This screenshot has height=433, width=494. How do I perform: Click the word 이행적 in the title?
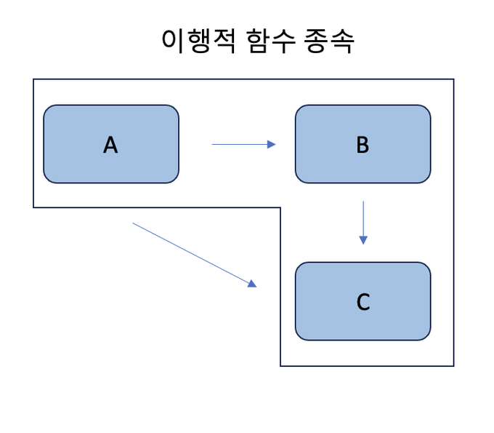tap(197, 41)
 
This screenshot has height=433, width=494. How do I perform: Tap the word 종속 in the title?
tap(329, 41)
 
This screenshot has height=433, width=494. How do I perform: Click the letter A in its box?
tap(110, 145)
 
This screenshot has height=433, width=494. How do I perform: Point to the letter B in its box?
tap(363, 145)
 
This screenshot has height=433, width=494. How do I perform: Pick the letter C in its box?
tap(363, 301)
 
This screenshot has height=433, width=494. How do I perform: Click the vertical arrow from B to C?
tap(363, 222)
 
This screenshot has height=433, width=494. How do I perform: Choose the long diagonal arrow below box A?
tap(194, 255)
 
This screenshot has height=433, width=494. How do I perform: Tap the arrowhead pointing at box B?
tap(272, 144)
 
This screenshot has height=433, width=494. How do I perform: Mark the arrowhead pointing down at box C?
tap(363, 241)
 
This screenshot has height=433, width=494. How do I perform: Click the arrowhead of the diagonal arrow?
tap(253, 284)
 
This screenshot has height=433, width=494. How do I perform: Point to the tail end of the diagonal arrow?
tap(134, 223)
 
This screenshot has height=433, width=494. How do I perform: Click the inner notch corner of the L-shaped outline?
tap(280, 208)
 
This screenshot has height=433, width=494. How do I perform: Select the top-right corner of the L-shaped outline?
tap(453, 79)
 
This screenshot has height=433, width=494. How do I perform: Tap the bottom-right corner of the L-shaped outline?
tap(453, 366)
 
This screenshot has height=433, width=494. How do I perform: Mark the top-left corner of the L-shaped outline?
tap(33, 79)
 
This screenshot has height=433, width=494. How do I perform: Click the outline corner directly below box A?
tap(33, 208)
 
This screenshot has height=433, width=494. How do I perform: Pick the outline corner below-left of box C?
tap(280, 366)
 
